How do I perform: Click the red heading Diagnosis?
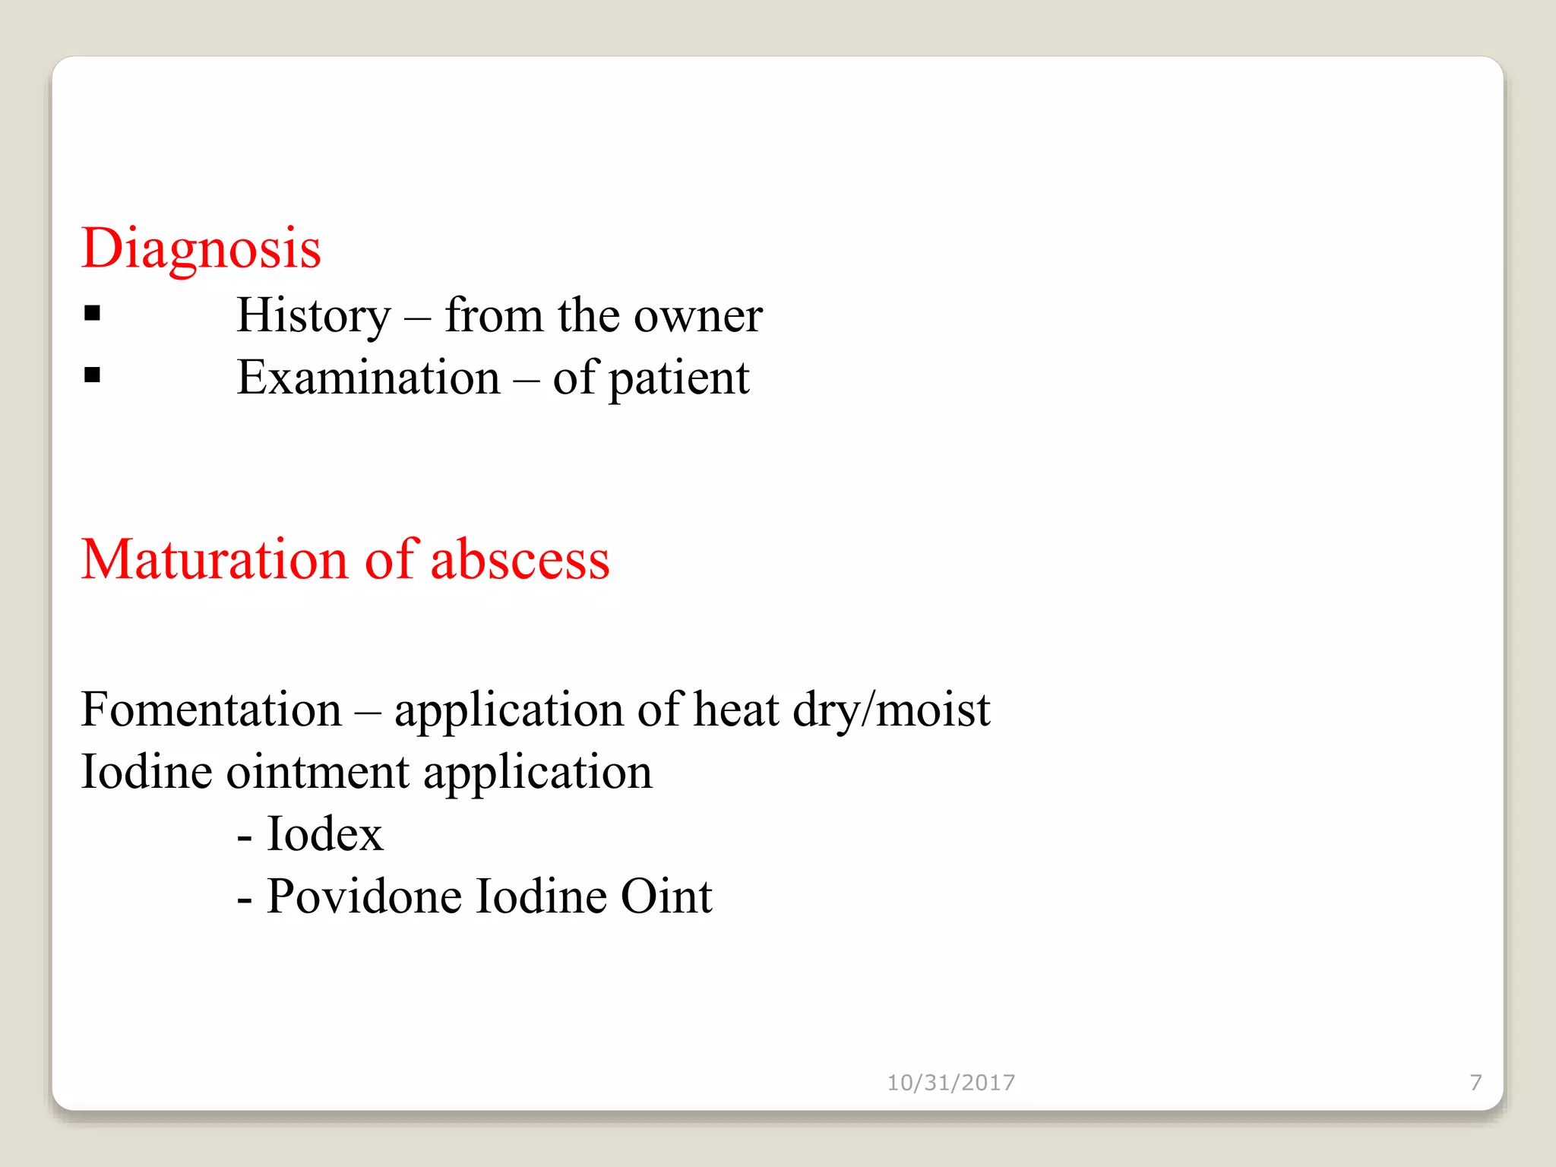pyautogui.click(x=201, y=249)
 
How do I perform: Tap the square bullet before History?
pyautogui.click(x=93, y=313)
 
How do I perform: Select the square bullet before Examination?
pyautogui.click(x=93, y=375)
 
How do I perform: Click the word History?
pyautogui.click(x=313, y=316)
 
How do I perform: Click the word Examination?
pyautogui.click(x=368, y=378)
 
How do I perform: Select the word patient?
pyautogui.click(x=678, y=379)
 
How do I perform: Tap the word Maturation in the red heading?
pyautogui.click(x=214, y=560)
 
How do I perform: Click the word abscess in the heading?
pyautogui.click(x=520, y=560)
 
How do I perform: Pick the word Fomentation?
pyautogui.click(x=211, y=710)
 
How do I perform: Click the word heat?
pyautogui.click(x=736, y=710)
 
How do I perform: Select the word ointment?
pyautogui.click(x=318, y=772)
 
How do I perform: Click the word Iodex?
pyautogui.click(x=324, y=834)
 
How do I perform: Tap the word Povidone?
pyautogui.click(x=364, y=897)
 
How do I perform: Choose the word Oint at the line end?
pyautogui.click(x=666, y=897)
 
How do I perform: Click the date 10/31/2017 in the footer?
pyautogui.click(x=950, y=1083)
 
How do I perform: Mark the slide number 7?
pyautogui.click(x=1475, y=1083)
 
